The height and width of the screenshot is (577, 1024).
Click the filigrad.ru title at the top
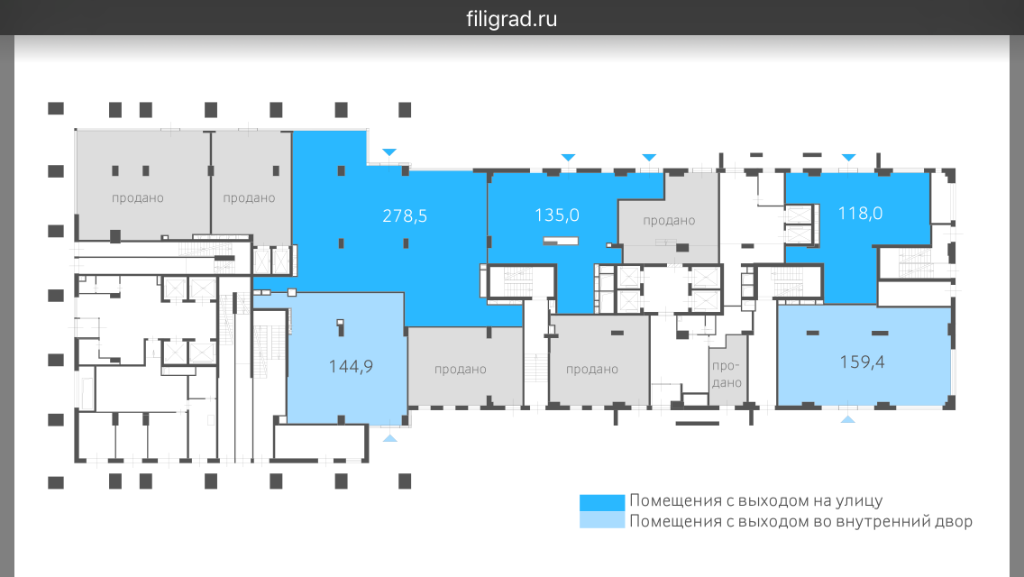pos(512,18)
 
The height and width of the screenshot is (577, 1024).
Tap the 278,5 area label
pos(404,215)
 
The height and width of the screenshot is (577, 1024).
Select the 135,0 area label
pos(556,215)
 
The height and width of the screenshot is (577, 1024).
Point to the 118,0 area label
pos(860,214)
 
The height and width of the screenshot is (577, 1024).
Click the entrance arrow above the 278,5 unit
pos(389,152)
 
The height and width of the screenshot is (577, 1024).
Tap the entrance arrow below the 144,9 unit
pos(389,437)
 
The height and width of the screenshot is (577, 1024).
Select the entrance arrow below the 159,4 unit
pos(847,419)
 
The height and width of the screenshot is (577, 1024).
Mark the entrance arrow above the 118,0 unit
pos(847,158)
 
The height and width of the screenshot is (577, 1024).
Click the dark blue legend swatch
pos(601,502)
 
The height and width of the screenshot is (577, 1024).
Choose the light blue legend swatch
pos(601,520)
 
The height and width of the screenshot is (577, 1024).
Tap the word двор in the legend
pos(954,521)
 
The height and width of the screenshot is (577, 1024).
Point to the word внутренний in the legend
pos(886,521)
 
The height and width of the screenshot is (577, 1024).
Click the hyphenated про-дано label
pos(727,374)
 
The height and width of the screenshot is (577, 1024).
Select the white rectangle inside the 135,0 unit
pos(561,241)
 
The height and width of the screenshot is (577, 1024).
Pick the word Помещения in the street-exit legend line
pos(669,501)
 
